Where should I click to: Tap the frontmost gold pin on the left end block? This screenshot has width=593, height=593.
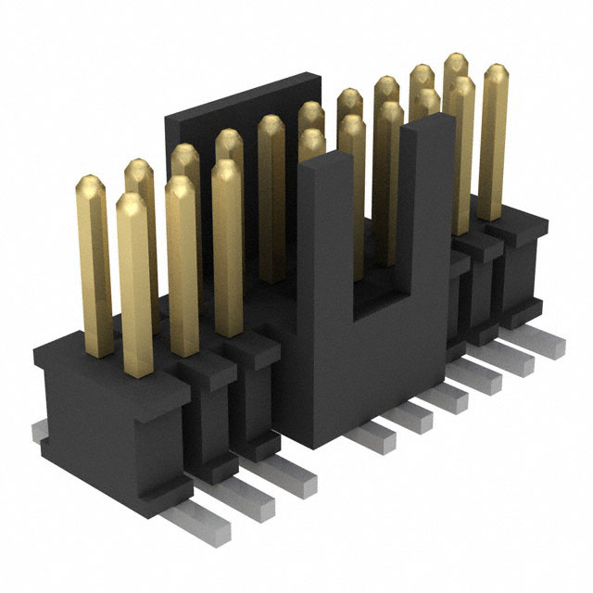pyautogui.click(x=135, y=278)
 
